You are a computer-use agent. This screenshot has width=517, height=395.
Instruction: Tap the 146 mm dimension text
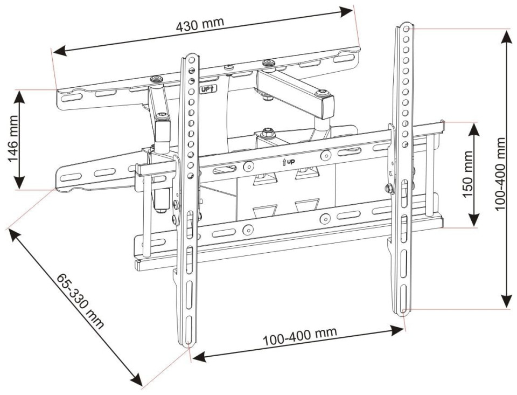[x=14, y=139]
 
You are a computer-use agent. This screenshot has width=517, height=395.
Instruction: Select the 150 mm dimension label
[x=468, y=174]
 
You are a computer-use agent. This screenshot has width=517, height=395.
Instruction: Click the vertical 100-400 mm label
[x=500, y=174]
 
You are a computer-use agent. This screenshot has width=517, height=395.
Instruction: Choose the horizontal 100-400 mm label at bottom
[x=300, y=336]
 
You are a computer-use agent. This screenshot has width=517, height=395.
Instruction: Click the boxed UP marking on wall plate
[x=208, y=89]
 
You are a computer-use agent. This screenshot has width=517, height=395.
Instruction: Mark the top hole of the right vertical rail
[x=406, y=29]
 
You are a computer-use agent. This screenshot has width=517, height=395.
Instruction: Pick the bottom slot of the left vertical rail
[x=188, y=330]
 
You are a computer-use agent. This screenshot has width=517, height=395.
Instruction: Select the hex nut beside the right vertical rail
[x=389, y=188]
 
